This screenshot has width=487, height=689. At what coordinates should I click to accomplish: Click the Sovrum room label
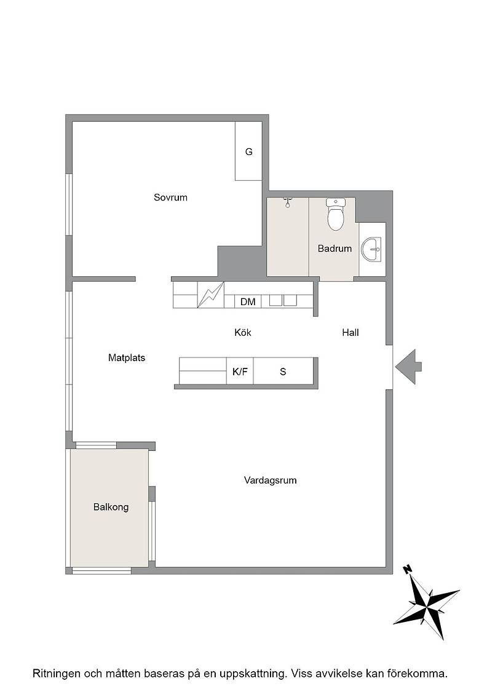point(170,197)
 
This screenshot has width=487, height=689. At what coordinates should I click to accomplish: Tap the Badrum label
point(335,249)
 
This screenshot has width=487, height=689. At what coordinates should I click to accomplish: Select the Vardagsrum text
point(270,480)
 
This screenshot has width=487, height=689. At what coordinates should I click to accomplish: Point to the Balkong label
point(111,507)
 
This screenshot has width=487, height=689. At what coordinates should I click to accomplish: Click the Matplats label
point(127,357)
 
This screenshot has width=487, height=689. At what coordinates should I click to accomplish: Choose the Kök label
point(243,333)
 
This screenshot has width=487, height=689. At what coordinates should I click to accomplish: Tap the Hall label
point(350,333)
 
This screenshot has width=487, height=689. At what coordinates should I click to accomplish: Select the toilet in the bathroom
point(336,215)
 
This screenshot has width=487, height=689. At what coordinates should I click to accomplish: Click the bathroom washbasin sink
point(371,249)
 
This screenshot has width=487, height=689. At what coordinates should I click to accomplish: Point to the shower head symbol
point(288,202)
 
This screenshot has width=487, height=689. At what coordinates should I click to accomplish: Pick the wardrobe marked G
point(248,151)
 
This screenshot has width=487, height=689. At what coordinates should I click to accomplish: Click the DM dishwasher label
point(248,302)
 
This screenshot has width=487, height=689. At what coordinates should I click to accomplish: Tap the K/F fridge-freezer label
point(240,372)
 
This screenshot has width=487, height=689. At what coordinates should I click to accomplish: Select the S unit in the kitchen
point(283,372)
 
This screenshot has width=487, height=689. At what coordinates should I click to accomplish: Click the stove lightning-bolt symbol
point(211,295)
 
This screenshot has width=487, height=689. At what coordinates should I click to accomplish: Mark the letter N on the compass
point(408,570)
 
